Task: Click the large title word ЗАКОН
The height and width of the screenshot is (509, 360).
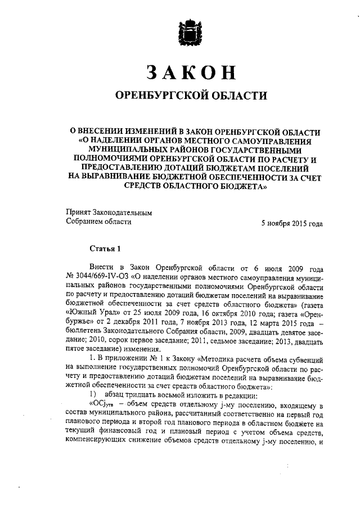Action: click(189, 73)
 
